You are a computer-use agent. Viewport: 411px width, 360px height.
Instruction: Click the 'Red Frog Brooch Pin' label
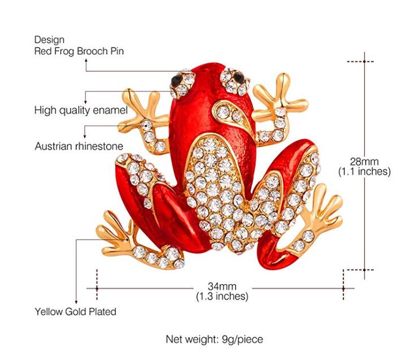point(79,51)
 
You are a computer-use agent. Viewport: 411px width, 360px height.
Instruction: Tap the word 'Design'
point(49,40)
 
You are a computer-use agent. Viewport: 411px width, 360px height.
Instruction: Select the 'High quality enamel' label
point(81,110)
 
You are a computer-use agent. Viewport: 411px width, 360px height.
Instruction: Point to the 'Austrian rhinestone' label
point(79,146)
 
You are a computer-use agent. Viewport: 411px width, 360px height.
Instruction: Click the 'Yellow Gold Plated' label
point(76,312)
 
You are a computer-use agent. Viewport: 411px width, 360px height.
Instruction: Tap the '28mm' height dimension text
point(364,162)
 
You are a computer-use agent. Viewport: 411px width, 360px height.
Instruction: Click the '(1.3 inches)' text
point(222,296)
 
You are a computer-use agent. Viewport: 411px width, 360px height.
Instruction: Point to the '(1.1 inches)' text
point(364,171)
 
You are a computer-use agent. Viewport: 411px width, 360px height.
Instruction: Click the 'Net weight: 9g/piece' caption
point(215,339)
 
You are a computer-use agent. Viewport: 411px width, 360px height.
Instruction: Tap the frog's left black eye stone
point(176,79)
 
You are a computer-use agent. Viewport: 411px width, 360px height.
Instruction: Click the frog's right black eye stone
point(238,77)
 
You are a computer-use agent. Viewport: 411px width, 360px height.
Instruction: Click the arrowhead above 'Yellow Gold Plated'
point(76,302)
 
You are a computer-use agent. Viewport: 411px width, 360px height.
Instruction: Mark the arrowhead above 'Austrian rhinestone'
point(85,136)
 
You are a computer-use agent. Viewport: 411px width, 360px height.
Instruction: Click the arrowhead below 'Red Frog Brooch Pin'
point(86,60)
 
